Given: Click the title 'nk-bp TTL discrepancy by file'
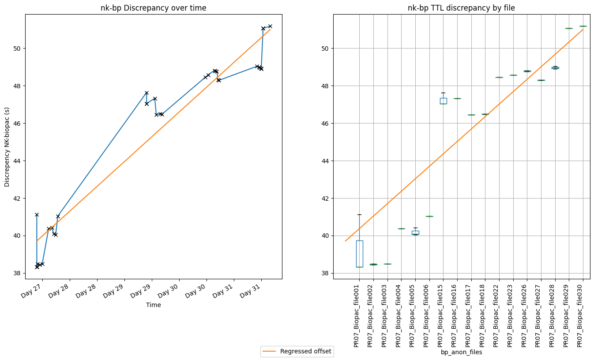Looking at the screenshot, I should pyautogui.click(x=461, y=8).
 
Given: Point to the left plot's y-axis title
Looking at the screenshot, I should pyautogui.click(x=8, y=146).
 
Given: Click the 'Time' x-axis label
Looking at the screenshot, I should pyautogui.click(x=153, y=305).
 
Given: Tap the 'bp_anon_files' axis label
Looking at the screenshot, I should pyautogui.click(x=461, y=352).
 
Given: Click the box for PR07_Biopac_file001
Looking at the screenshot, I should pyautogui.click(x=360, y=254).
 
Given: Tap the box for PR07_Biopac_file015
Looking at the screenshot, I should pyautogui.click(x=443, y=101).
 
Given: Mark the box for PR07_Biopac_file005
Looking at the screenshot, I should pyautogui.click(x=415, y=232).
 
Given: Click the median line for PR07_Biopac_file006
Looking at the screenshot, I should pyautogui.click(x=429, y=216).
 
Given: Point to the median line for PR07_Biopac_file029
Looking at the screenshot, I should pyautogui.click(x=569, y=28).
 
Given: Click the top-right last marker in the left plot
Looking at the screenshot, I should pyautogui.click(x=270, y=26).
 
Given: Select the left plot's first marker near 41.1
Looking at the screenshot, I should pyautogui.click(x=37, y=214).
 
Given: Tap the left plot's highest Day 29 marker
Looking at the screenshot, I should pyautogui.click(x=147, y=93).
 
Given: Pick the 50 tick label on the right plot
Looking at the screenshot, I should pyautogui.click(x=324, y=49).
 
